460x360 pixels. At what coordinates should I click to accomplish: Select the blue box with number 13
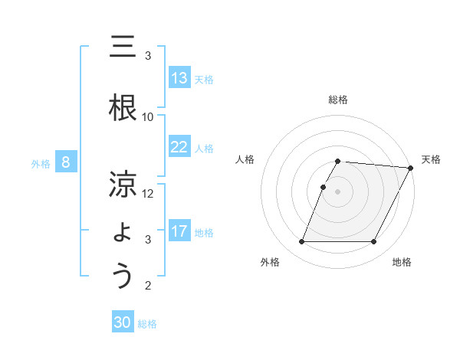179,78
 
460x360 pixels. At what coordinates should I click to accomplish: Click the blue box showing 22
179,147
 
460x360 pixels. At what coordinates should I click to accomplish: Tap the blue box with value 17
179,231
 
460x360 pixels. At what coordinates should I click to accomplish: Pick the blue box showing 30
123,323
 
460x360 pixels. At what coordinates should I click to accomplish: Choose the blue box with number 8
66,162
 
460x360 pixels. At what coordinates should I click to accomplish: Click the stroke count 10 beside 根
148,116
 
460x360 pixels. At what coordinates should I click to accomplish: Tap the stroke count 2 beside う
148,286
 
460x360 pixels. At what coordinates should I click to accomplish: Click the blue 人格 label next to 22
204,148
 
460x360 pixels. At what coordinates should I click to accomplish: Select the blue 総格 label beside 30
147,324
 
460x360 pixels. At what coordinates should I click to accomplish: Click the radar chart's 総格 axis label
338,100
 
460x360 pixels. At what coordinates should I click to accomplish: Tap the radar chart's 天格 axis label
431,159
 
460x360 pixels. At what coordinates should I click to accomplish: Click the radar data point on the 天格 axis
411,168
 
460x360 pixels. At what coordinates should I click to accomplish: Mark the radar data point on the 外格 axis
301,242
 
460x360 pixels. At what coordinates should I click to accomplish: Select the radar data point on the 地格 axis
374,242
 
